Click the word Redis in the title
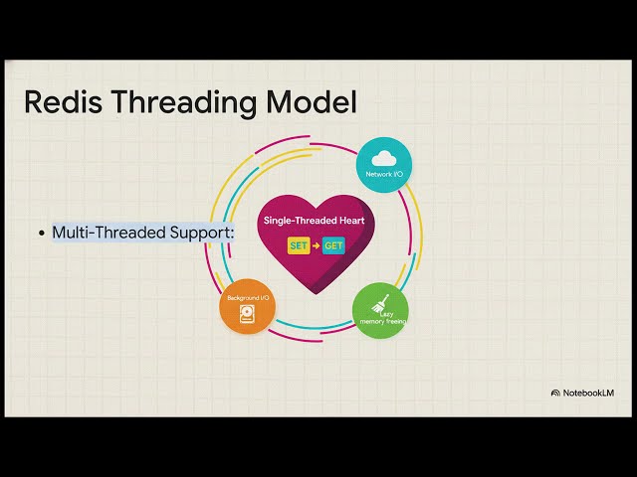tap(64, 101)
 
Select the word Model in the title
tap(312, 101)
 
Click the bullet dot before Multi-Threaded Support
tap(42, 234)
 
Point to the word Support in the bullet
tap(202, 234)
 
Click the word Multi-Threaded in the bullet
tap(109, 233)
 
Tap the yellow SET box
tap(299, 245)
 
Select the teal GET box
tap(333, 245)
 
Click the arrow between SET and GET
tap(317, 245)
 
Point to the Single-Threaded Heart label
tap(315, 221)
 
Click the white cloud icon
tap(384, 158)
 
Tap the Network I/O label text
tap(384, 174)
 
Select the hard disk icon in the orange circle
tap(247, 314)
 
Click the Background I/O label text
tap(248, 298)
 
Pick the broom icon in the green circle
tap(380, 304)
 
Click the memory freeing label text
tap(382, 321)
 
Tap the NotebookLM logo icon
tap(555, 393)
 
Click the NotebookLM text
tap(588, 393)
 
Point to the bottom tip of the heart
tap(317, 294)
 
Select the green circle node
tap(380, 311)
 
